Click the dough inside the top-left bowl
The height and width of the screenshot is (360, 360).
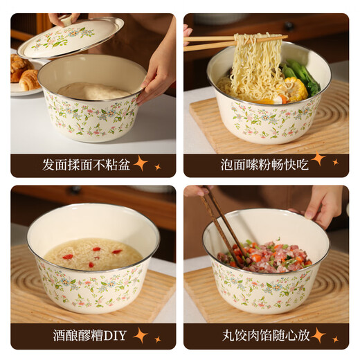pyautogui.click(x=93, y=91)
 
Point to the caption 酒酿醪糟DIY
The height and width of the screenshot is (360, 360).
pyautogui.click(x=90, y=336)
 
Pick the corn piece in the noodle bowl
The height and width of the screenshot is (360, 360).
pyautogui.click(x=295, y=90)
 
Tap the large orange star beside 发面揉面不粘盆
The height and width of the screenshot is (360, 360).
pyautogui.click(x=141, y=163)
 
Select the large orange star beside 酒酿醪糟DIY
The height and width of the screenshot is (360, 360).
pyautogui.click(x=141, y=335)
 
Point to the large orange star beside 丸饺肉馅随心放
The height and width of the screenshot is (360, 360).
pyautogui.click(x=318, y=335)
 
